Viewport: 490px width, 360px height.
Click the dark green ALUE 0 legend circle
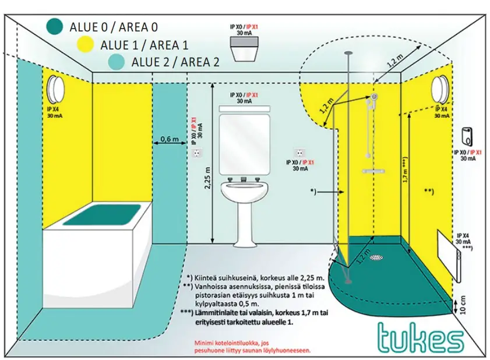(55, 26)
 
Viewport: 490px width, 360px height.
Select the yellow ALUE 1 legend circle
(86, 44)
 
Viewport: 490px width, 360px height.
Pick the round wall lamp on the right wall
(440, 89)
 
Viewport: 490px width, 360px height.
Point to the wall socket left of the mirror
(198, 153)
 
